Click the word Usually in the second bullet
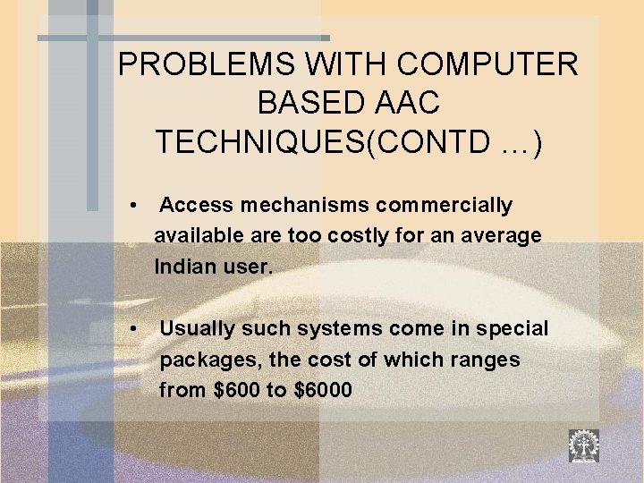coord(196,328)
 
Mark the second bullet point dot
coord(132,329)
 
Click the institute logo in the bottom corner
coord(584,445)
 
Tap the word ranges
coord(487,360)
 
